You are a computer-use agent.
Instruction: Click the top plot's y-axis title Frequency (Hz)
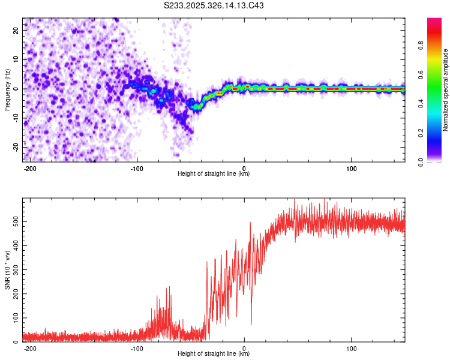coord(7,89)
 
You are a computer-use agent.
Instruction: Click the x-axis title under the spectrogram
coord(214,174)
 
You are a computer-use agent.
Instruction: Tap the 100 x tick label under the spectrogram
coord(350,167)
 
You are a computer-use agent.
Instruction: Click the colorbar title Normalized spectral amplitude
coord(446,90)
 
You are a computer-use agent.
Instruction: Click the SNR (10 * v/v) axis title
coord(7,269)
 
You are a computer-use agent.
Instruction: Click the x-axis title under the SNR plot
coord(214,354)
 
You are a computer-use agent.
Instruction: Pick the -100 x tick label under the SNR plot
coord(137,347)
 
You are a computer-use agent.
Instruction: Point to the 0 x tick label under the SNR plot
coord(244,347)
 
